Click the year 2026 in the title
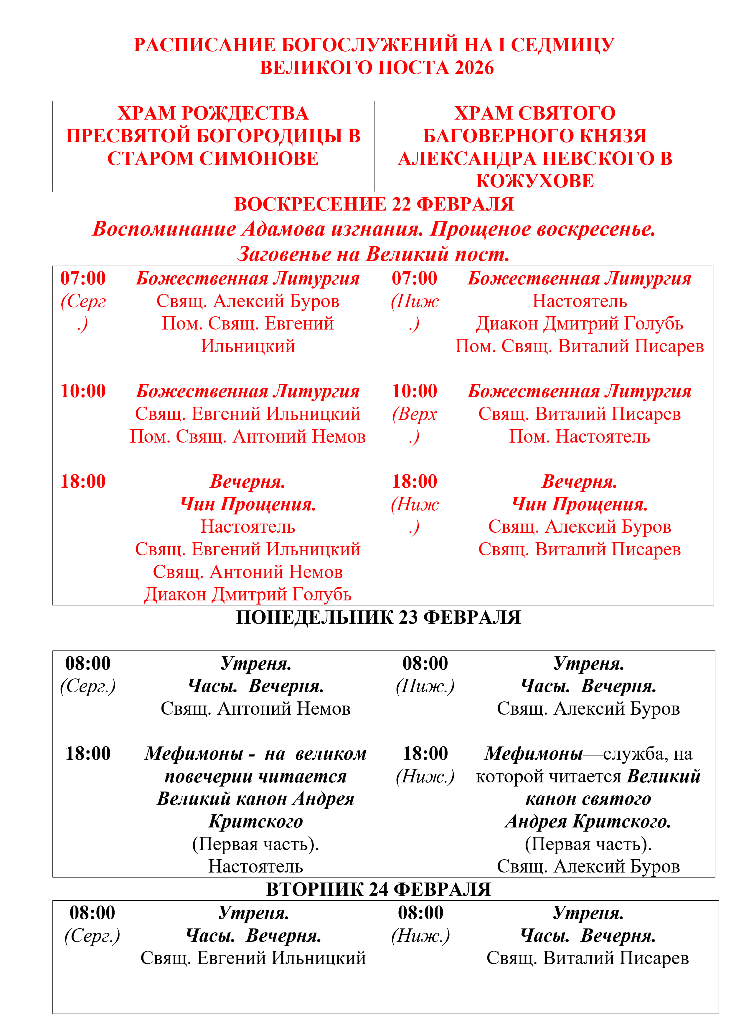474,68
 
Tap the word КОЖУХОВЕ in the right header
535,181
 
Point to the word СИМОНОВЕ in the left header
258,158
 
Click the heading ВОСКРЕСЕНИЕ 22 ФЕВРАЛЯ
374,204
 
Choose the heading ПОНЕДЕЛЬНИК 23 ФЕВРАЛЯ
378,617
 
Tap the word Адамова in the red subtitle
283,229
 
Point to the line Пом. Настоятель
579,436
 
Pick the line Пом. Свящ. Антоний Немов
247,436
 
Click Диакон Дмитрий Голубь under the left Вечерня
247,594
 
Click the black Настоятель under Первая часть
255,867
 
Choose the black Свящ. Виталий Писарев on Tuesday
588,958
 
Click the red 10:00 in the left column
83,391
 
